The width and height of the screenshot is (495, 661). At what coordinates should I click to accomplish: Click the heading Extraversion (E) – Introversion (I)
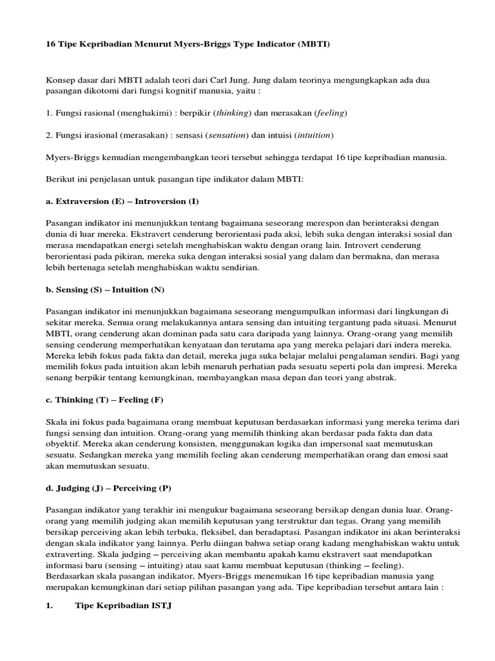(122, 201)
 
